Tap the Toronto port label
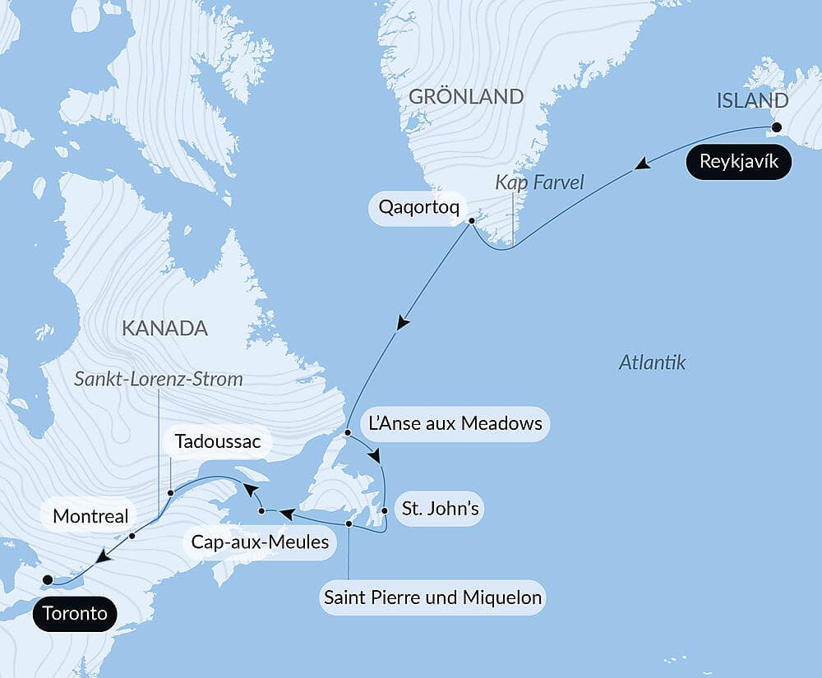pyautogui.click(x=76, y=613)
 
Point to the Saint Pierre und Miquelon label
pyautogui.click(x=433, y=597)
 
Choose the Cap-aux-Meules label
pyautogui.click(x=260, y=542)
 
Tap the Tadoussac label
pyautogui.click(x=218, y=442)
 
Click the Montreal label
pyautogui.click(x=90, y=516)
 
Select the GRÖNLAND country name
pyautogui.click(x=466, y=96)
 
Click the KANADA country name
pyautogui.click(x=164, y=329)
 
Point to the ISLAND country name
pyautogui.click(x=752, y=101)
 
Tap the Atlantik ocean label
pyautogui.click(x=652, y=362)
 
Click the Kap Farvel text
pyautogui.click(x=539, y=182)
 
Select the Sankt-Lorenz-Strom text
pyautogui.click(x=159, y=379)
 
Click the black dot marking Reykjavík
pyautogui.click(x=775, y=127)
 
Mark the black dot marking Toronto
pyautogui.click(x=48, y=579)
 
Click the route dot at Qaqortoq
pyautogui.click(x=472, y=221)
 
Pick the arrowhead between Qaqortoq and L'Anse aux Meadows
pyautogui.click(x=402, y=322)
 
